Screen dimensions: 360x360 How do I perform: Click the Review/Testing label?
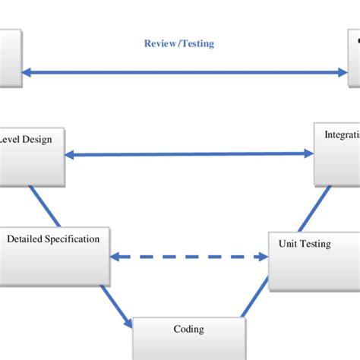(179, 44)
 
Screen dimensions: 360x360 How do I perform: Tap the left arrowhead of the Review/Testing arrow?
(27, 73)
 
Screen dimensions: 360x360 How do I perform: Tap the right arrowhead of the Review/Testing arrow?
(342, 73)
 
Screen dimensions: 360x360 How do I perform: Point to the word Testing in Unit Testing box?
(316, 244)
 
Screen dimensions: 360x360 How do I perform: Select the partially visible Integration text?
(342, 134)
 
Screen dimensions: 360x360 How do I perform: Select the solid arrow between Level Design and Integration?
(189, 154)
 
